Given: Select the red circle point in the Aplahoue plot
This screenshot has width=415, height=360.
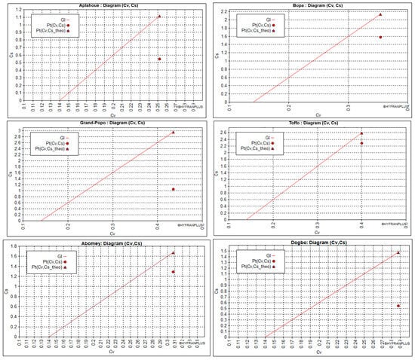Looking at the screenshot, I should coord(159,59).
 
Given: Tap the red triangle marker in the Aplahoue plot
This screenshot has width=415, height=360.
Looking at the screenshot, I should coord(159,16).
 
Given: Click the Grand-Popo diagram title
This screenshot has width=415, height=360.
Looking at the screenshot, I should coord(103,124).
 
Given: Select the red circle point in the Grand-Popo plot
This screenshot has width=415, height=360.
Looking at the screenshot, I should coord(174,189).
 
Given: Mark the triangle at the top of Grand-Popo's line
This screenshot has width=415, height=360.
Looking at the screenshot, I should coord(174,133).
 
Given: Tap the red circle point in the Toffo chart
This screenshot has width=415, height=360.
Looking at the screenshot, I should coord(361,143).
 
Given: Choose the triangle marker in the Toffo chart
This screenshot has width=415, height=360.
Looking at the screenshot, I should coord(361,133).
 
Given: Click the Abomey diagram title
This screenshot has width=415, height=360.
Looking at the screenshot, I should coord(103,244).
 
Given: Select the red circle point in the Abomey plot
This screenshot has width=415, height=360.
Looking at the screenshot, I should coord(173,272).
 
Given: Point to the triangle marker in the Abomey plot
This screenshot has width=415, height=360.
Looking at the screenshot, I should coord(173,253).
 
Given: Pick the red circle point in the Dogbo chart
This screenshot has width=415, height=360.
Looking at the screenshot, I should coord(398,306).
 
